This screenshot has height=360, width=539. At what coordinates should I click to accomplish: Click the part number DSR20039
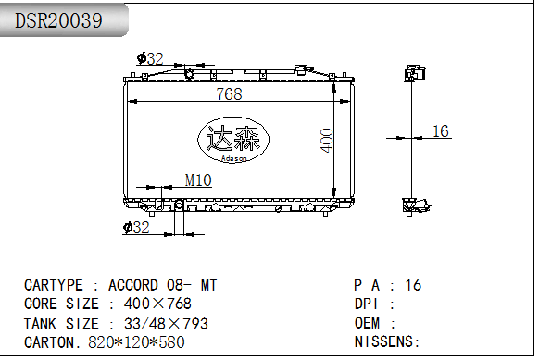58,20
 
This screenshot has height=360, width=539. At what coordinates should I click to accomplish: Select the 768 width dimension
230,93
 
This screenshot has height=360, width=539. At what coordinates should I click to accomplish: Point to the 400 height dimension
327,140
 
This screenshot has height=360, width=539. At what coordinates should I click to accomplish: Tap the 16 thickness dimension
440,131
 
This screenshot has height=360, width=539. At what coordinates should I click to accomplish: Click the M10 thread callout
198,180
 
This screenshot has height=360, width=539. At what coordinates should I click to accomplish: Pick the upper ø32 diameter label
150,58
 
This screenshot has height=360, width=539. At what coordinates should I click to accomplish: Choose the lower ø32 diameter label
136,228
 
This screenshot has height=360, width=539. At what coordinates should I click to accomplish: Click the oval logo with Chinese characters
233,140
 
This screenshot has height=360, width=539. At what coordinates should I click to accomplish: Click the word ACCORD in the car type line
133,285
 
